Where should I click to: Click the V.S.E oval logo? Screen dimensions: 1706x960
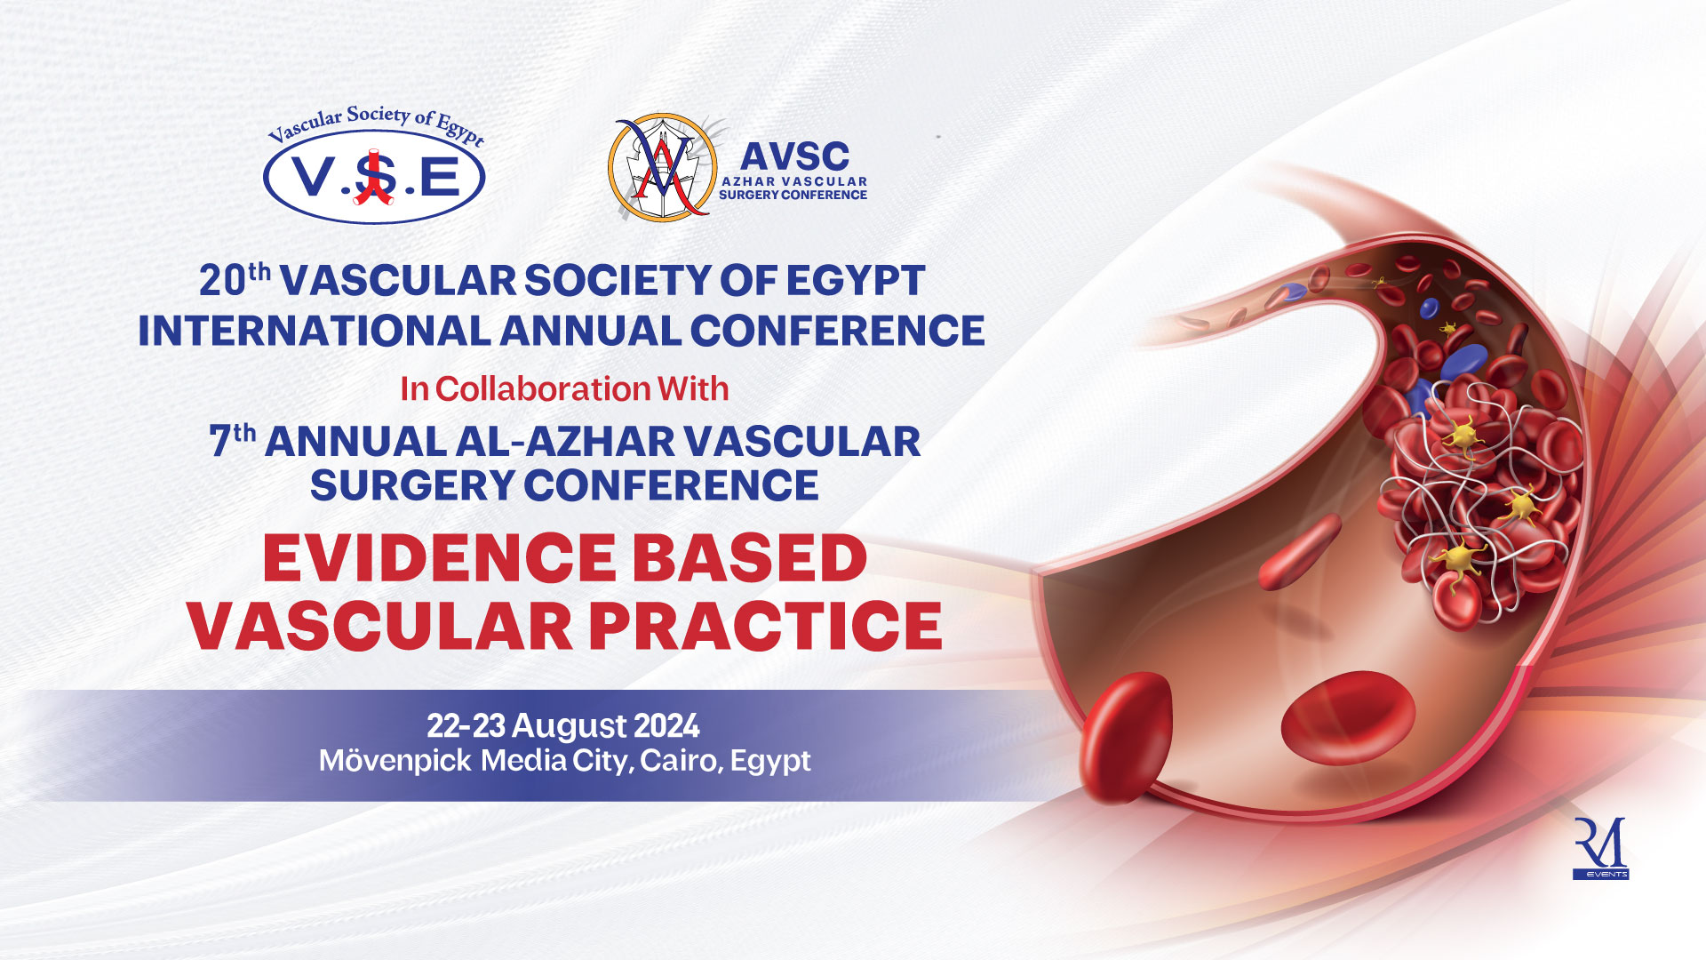(374, 177)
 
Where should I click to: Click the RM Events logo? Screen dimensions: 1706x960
(1600, 848)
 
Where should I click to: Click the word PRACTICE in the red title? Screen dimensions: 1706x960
(765, 627)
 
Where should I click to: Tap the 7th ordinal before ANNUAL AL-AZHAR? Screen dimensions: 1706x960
(232, 441)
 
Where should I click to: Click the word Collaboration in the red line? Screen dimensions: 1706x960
(543, 388)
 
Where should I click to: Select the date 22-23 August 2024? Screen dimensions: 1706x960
(563, 726)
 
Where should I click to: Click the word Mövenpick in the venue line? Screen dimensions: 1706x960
(395, 761)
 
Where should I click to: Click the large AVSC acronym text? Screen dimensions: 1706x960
(794, 156)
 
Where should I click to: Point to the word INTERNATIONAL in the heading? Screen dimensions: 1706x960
(314, 331)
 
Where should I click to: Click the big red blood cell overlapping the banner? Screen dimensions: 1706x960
(1127, 738)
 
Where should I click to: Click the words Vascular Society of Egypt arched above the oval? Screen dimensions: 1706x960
(377, 124)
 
